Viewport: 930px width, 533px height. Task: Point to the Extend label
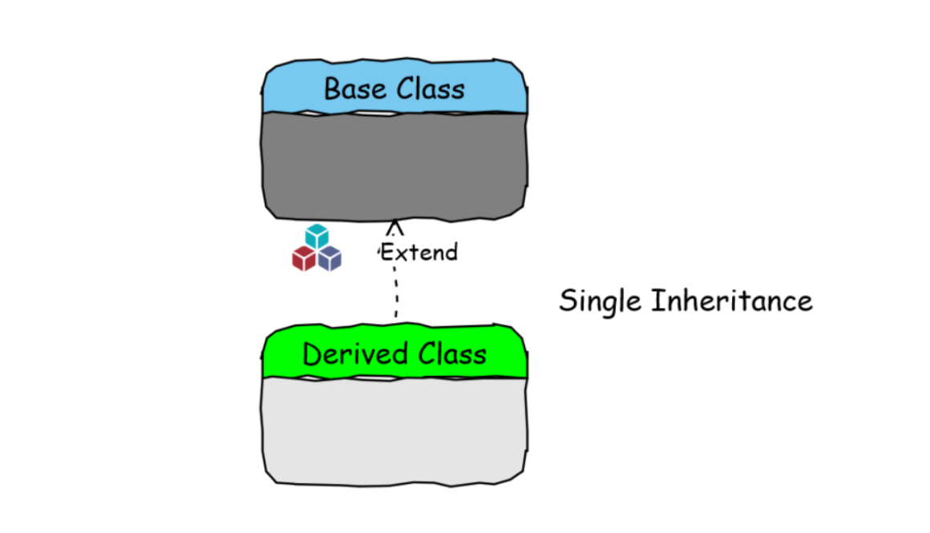418,252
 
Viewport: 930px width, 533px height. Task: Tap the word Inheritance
732,301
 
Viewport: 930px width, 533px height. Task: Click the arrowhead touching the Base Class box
394,227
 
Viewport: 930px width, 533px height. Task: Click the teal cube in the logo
317,236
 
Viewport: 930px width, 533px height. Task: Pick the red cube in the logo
304,257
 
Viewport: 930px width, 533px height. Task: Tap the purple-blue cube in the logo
330,257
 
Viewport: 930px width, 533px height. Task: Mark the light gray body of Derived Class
394,429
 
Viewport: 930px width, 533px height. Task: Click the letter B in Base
332,88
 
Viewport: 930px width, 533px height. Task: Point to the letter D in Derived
312,353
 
